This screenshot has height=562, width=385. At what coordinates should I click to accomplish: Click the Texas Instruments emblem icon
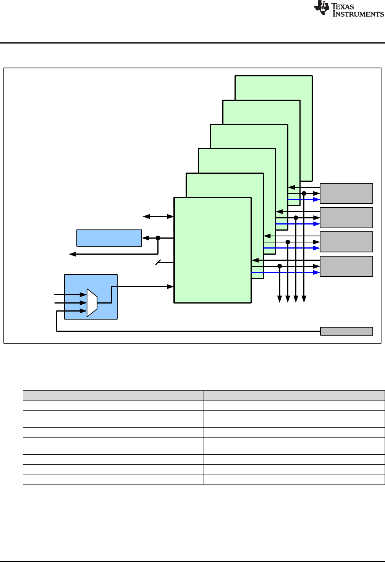(x=322, y=8)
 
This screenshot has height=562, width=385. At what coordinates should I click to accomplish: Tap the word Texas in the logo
(x=343, y=6)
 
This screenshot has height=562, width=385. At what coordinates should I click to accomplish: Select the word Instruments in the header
(x=358, y=14)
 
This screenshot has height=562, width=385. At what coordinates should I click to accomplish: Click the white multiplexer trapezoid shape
(x=92, y=303)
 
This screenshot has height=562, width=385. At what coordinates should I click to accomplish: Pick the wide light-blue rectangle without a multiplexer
(x=109, y=238)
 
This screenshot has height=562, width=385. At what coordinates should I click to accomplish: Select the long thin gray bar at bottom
(x=346, y=331)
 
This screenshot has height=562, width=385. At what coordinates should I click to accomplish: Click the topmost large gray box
(x=346, y=193)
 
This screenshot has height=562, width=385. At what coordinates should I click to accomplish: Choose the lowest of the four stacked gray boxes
(x=346, y=266)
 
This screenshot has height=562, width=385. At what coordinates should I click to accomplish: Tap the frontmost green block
(x=212, y=250)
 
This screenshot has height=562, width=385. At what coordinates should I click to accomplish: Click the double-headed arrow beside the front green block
(x=158, y=216)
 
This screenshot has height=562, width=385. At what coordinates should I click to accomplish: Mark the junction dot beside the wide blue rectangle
(x=158, y=238)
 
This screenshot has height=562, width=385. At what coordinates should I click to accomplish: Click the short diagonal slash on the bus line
(x=158, y=262)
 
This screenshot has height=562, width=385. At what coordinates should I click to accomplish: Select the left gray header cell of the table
(x=113, y=395)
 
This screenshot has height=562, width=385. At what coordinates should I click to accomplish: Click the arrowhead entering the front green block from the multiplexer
(x=171, y=286)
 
